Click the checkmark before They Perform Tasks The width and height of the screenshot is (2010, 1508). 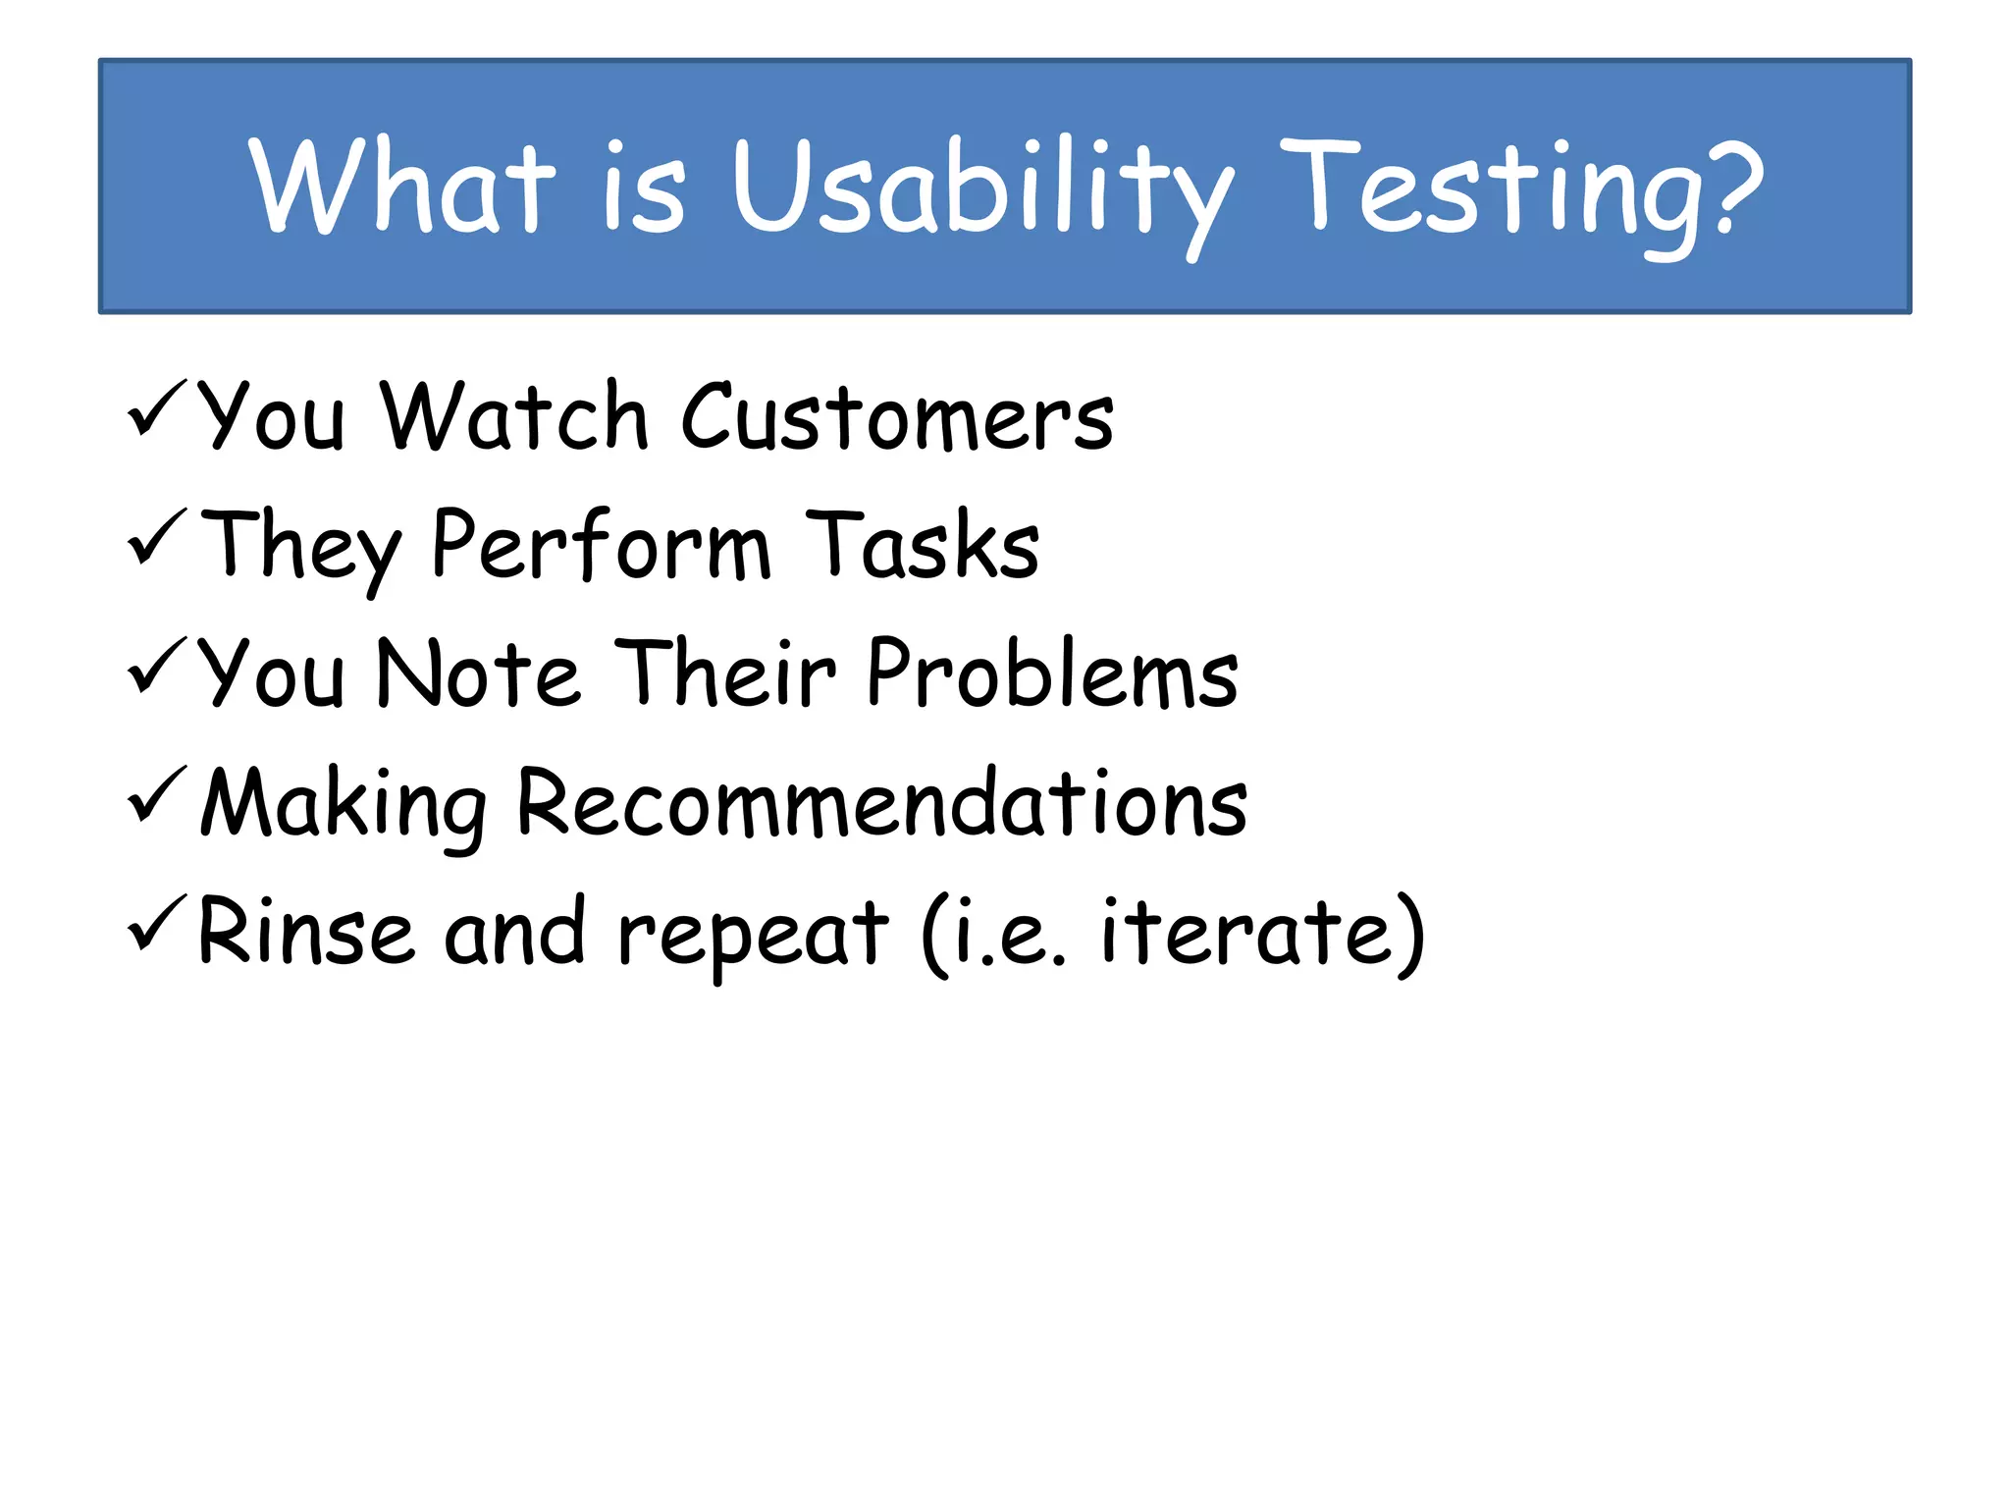156,537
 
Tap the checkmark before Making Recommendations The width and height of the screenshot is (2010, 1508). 156,794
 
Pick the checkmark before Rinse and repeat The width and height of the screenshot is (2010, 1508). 156,923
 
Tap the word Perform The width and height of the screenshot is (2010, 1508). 601,546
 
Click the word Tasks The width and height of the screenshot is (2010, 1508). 922,544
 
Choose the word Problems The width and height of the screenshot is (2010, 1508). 1052,673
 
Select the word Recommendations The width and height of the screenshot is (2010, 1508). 881,803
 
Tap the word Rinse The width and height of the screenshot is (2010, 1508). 305,931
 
